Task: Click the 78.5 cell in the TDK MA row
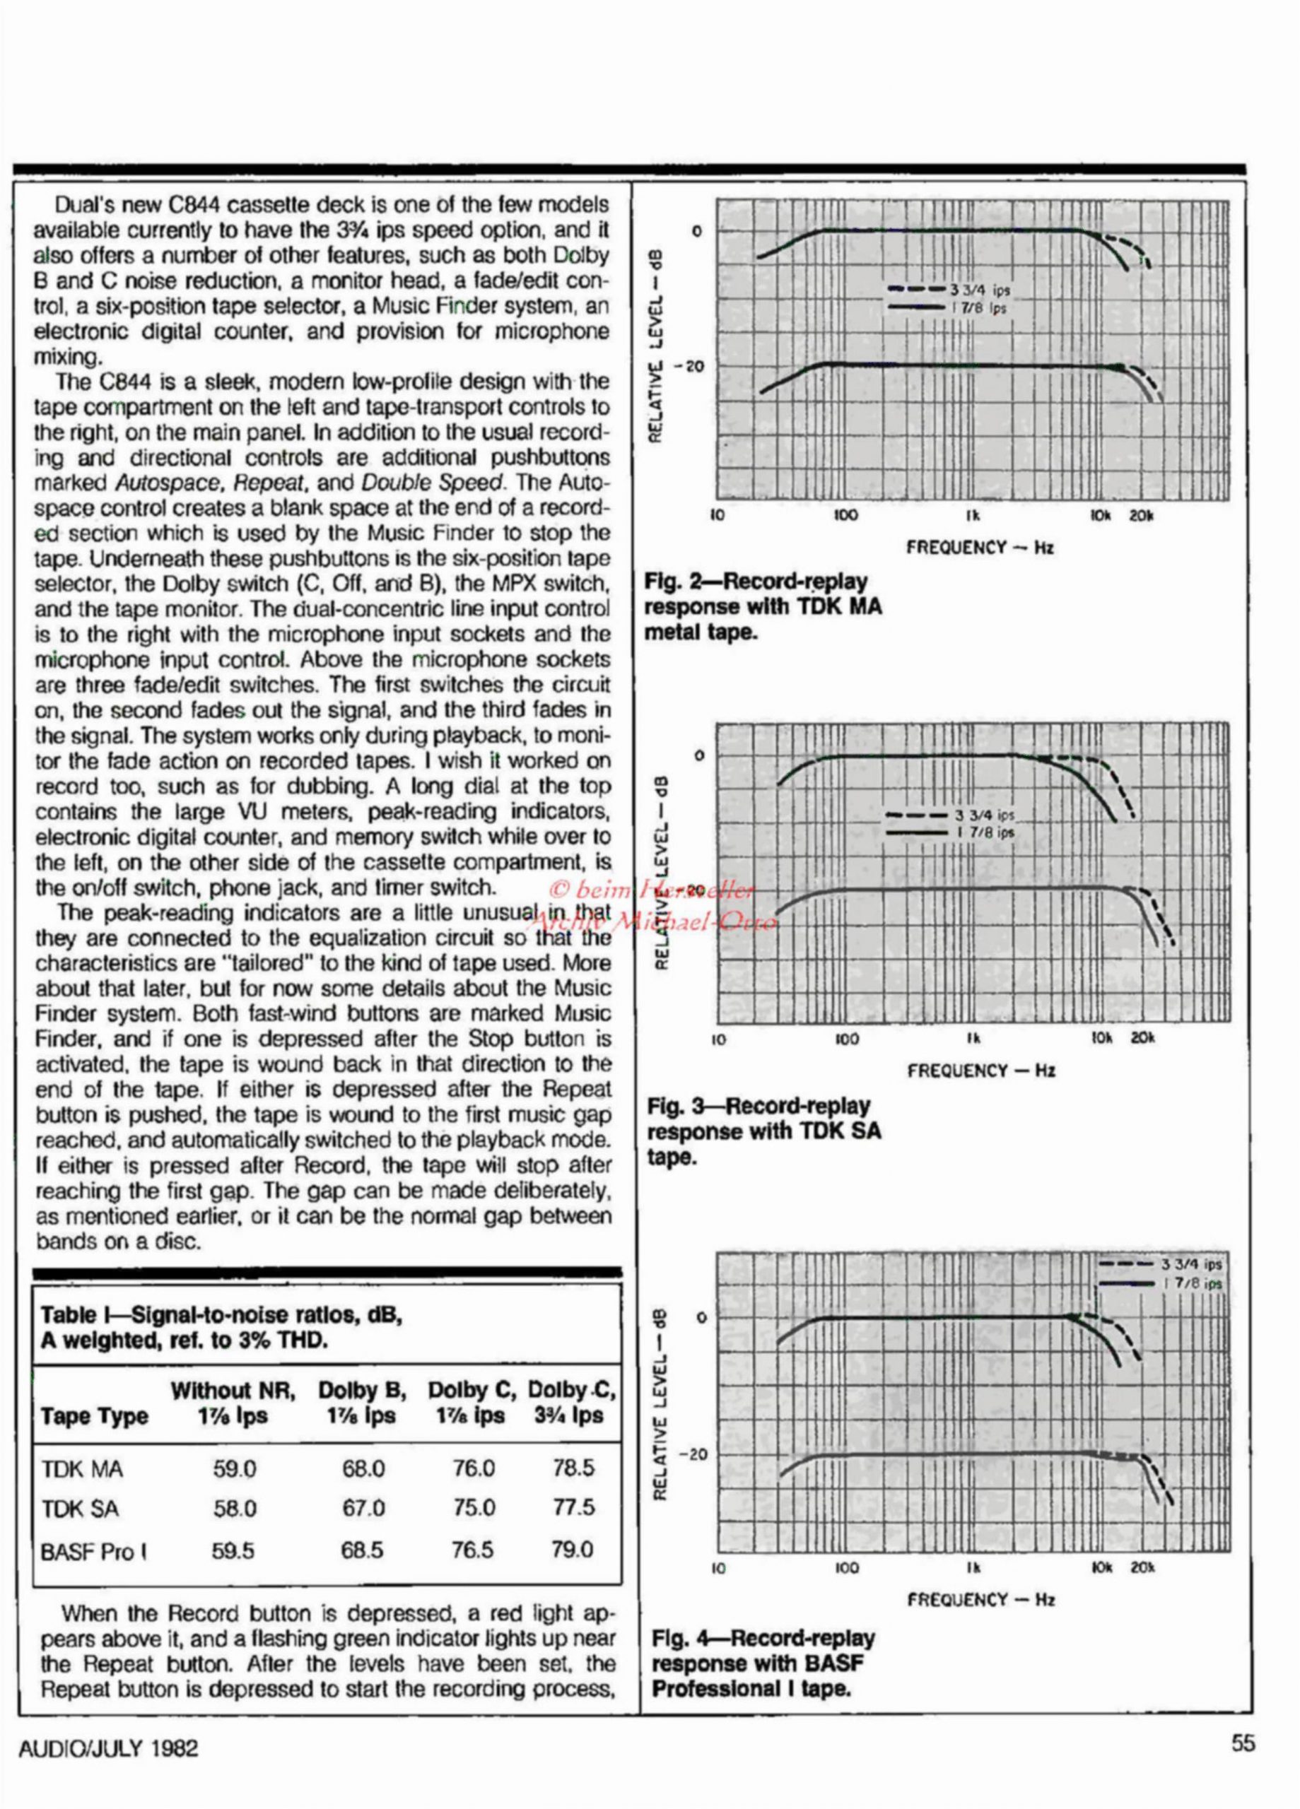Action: [x=573, y=1468]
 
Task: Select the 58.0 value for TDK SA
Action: [x=235, y=1508]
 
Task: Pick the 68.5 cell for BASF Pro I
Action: [x=363, y=1550]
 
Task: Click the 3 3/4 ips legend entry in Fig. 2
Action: [x=978, y=290]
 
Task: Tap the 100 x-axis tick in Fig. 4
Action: [x=847, y=1568]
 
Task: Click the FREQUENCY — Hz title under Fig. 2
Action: [x=979, y=547]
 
